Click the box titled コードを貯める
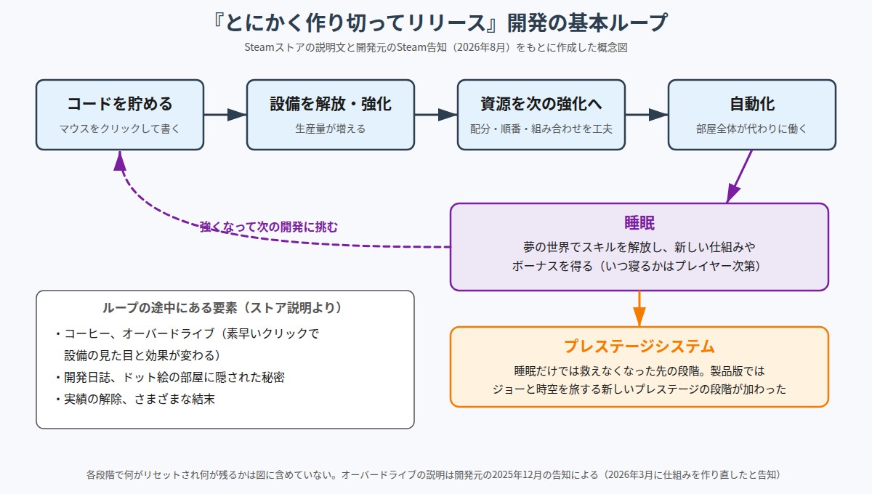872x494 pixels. pyautogui.click(x=120, y=115)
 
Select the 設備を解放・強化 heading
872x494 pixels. pyautogui.click(x=331, y=104)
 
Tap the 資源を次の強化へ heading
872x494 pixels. pyautogui.click(x=541, y=104)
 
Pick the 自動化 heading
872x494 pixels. pyautogui.click(x=752, y=104)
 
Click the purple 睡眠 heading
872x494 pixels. pyautogui.click(x=639, y=223)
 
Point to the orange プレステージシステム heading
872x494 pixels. pyautogui.click(x=639, y=346)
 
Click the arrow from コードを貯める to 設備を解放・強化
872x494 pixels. pyautogui.click(x=225, y=115)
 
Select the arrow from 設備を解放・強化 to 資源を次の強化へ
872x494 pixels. pyautogui.click(x=436, y=115)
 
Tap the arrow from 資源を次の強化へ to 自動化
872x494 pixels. pyautogui.click(x=647, y=115)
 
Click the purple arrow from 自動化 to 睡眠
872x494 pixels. pyautogui.click(x=739, y=177)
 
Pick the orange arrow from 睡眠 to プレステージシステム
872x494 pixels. pyautogui.click(x=639, y=309)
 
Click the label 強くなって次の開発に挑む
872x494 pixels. pyautogui.click(x=269, y=227)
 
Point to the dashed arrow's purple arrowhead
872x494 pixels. pyautogui.click(x=120, y=161)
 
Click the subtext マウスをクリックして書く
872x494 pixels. pyautogui.click(x=120, y=129)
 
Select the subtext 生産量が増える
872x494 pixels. pyautogui.click(x=331, y=129)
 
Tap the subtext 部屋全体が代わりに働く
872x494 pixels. pyautogui.click(x=752, y=129)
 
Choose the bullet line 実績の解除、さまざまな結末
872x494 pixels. pyautogui.click(x=135, y=399)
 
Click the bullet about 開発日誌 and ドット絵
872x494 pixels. pyautogui.click(x=170, y=377)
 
